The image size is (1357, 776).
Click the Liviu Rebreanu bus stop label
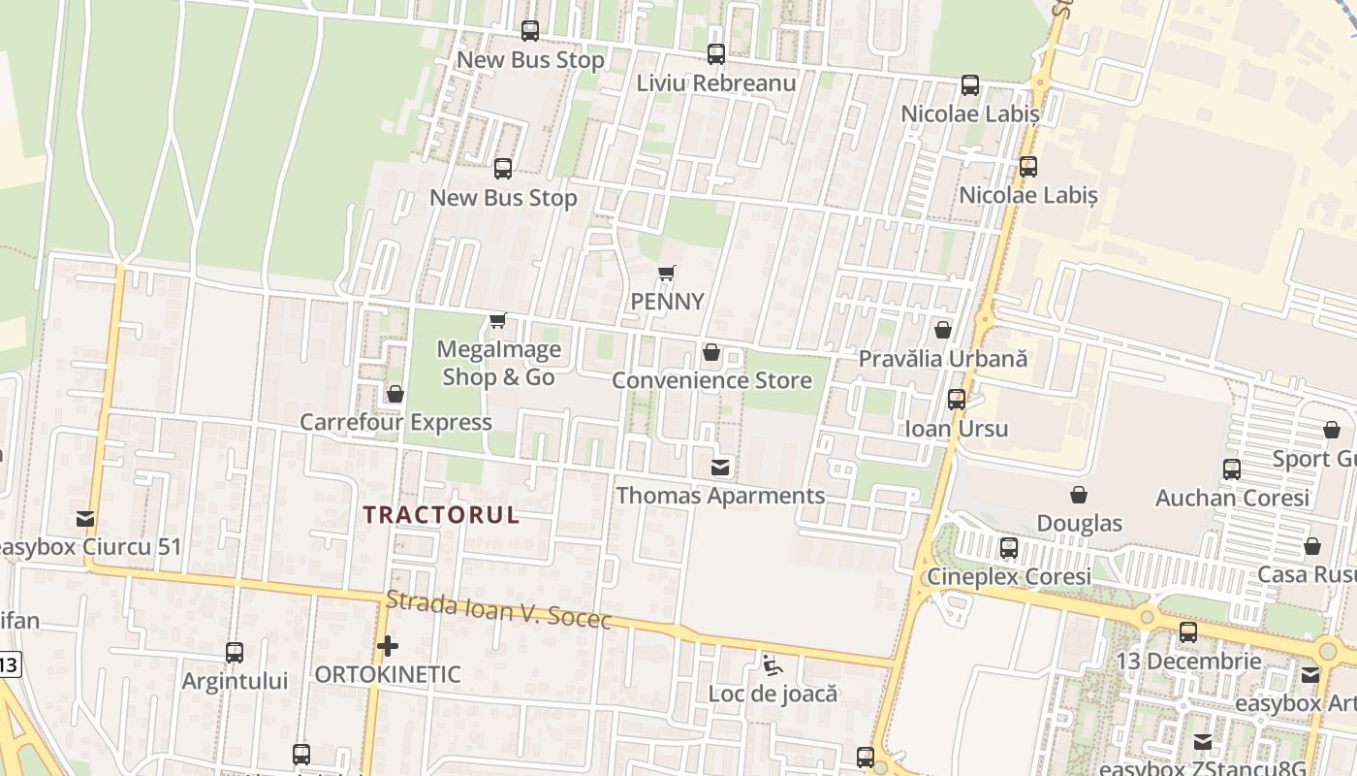tap(715, 83)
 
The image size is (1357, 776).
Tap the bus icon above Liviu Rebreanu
tap(715, 54)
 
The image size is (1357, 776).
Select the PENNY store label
tap(667, 302)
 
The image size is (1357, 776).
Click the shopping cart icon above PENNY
tap(666, 273)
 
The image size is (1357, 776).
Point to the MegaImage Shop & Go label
tap(499, 363)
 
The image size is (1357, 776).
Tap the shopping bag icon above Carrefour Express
tap(394, 394)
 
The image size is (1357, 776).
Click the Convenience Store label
tap(711, 380)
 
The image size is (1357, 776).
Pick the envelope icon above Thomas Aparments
tap(720, 468)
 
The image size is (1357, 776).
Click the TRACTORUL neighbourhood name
tap(441, 515)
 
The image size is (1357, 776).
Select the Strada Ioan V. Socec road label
tap(499, 610)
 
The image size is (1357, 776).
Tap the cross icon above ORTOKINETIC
tap(388, 645)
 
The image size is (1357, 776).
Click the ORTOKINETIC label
tap(388, 674)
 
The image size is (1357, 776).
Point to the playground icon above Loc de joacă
tap(773, 665)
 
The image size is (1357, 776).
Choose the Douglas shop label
tap(1079, 524)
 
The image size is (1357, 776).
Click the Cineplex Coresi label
tap(1009, 576)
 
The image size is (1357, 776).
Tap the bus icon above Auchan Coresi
tap(1231, 469)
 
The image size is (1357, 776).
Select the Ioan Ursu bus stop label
tap(957, 429)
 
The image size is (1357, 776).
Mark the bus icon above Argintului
tap(235, 652)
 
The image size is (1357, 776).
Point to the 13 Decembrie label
tap(1188, 662)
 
